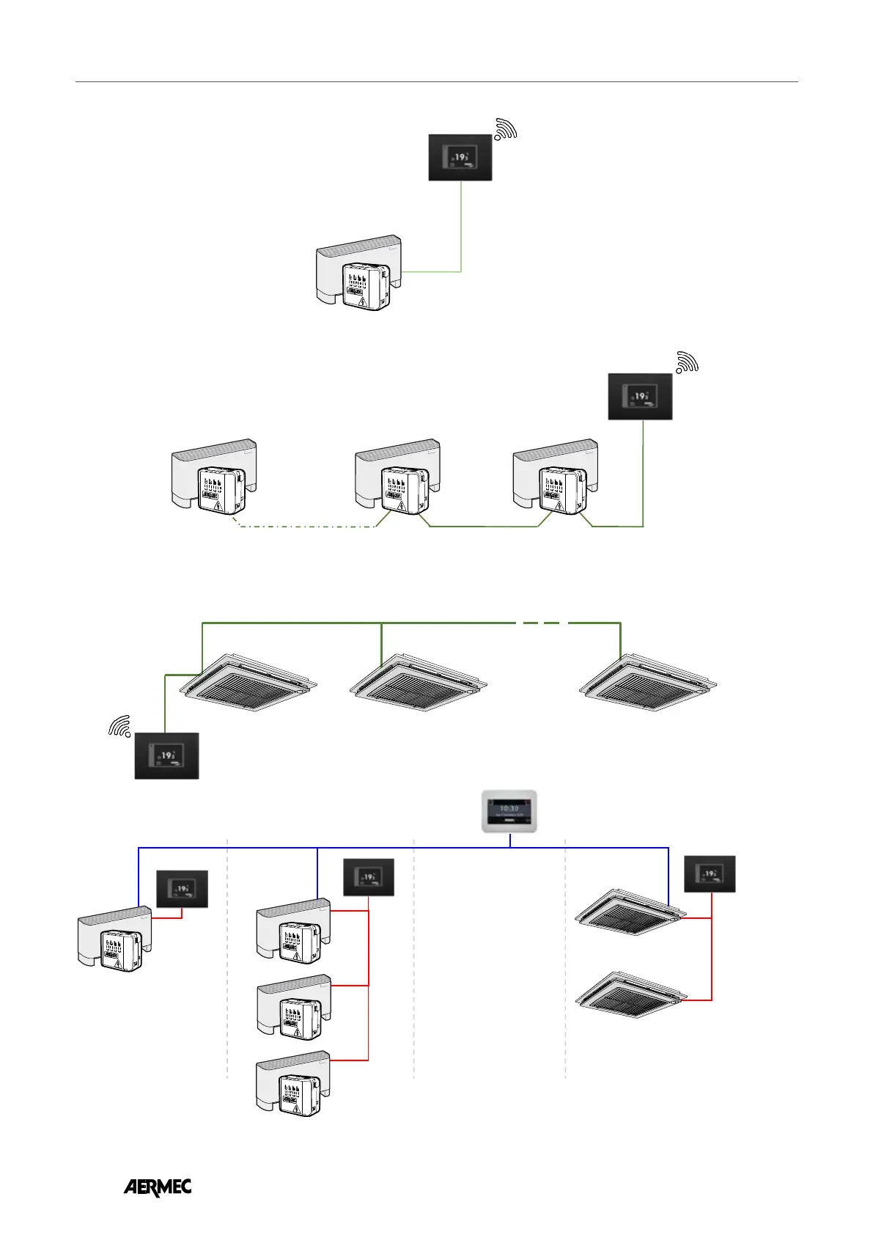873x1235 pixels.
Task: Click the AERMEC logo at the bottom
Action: pyautogui.click(x=157, y=1187)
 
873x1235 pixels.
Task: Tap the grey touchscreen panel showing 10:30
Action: pyautogui.click(x=509, y=811)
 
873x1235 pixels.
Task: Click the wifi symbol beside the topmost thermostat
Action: pyautogui.click(x=506, y=129)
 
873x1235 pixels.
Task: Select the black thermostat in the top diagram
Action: pyautogui.click(x=460, y=157)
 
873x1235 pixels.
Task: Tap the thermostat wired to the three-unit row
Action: pyautogui.click(x=640, y=396)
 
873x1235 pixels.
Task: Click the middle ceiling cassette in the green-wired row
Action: pyautogui.click(x=418, y=682)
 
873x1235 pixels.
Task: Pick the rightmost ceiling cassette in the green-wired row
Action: pyautogui.click(x=648, y=682)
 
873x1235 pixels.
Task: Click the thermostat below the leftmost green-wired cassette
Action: pyautogui.click(x=167, y=755)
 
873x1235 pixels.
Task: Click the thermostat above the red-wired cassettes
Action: pyautogui.click(x=710, y=874)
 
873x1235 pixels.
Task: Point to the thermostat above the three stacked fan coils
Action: pyautogui.click(x=369, y=877)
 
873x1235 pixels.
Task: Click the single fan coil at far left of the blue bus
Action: pyautogui.click(x=115, y=940)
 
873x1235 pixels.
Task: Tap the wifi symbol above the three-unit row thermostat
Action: pyautogui.click(x=687, y=362)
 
